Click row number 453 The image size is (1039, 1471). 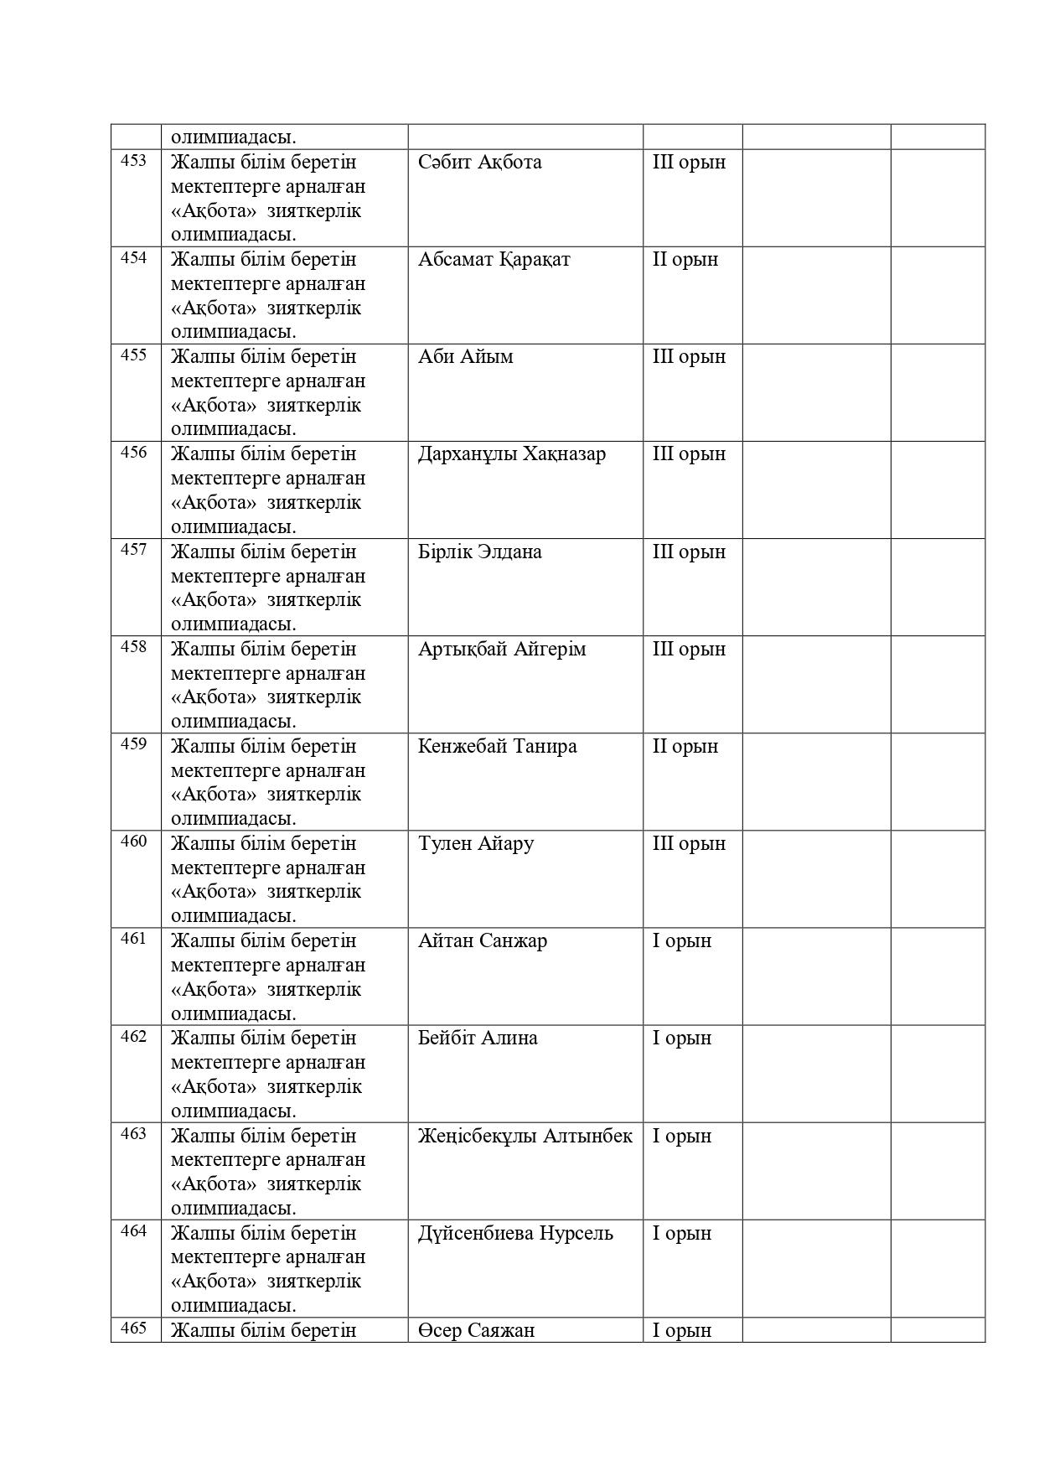pos(134,160)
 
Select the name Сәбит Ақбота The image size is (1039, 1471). pos(479,162)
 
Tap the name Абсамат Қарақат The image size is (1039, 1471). pos(494,259)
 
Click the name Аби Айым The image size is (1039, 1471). pos(465,356)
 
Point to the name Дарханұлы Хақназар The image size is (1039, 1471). pos(511,453)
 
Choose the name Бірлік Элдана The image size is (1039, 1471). pos(479,552)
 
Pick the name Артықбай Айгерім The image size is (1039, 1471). pos(502,649)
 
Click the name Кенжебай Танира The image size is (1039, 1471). pos(497,746)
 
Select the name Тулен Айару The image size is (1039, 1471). pos(475,843)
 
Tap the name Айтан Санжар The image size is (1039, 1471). pos(482,940)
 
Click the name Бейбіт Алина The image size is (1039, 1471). pos(478,1038)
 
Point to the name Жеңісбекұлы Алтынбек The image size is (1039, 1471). pos(525,1136)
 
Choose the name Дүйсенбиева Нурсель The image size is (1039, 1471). pos(515,1233)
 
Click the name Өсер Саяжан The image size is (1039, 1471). pos(476,1330)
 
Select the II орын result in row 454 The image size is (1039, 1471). pos(685,259)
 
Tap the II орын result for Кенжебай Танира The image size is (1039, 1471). pos(685,746)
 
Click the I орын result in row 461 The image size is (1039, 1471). pos(682,940)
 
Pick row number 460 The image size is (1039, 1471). pos(134,842)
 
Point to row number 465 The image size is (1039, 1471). pos(134,1329)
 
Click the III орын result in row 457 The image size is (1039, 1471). pos(689,552)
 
